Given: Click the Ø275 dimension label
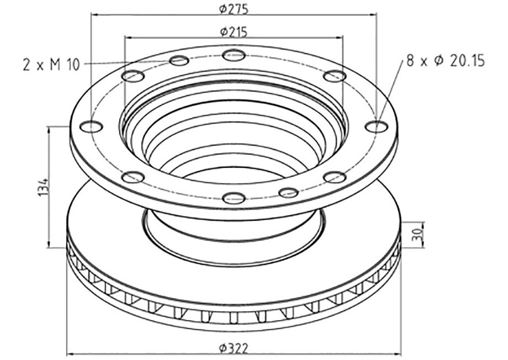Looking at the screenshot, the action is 234,9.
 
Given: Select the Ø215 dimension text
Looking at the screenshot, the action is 234,32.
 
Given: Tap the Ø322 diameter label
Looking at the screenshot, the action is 234,348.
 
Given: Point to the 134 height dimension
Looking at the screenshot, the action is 44,187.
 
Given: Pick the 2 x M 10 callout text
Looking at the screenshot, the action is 51,65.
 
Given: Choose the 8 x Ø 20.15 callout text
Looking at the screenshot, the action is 446,61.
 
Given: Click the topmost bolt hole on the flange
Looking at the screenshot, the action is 234,55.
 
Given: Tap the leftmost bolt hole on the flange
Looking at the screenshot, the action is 92,126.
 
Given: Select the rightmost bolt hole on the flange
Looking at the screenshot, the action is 377,126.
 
